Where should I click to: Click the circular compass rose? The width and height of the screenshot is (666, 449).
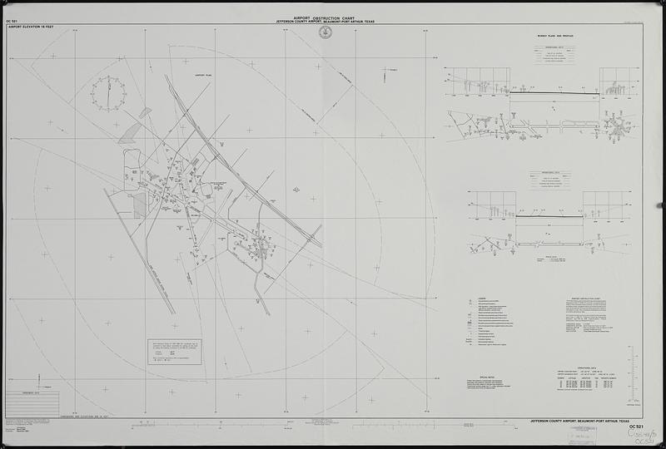(x=108, y=94)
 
